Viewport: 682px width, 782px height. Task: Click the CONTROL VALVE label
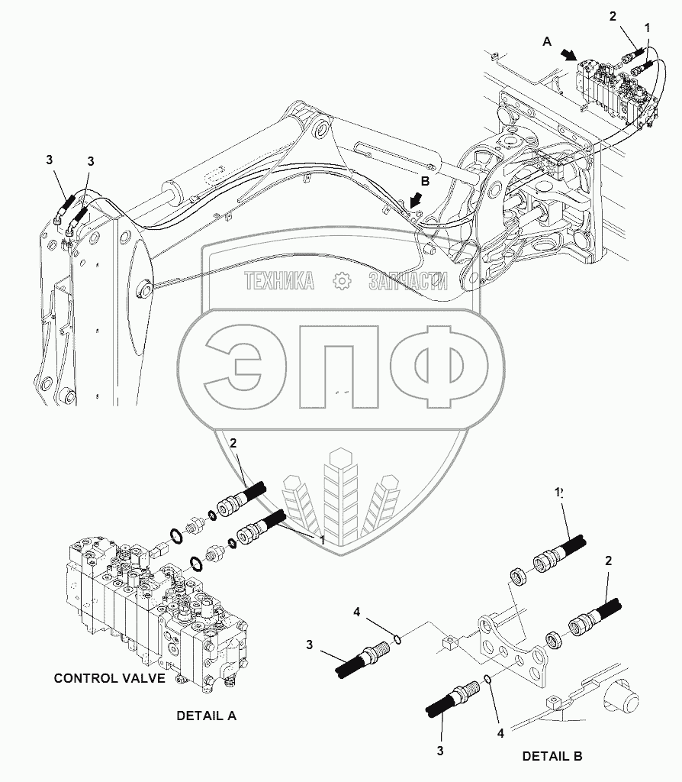[109, 678]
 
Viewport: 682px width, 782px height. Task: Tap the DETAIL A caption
[206, 716]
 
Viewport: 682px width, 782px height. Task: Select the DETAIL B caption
[552, 756]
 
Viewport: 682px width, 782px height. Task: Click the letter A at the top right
[546, 44]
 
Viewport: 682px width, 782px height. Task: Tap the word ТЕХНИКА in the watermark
[279, 282]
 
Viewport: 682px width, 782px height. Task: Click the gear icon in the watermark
[341, 282]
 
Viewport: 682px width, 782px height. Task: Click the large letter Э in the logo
[240, 369]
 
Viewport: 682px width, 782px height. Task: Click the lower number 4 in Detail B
[500, 733]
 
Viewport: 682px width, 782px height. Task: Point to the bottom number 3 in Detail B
[440, 751]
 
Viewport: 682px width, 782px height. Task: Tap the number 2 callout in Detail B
[608, 561]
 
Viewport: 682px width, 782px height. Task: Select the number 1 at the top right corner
[647, 27]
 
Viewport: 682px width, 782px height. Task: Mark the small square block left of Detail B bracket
[449, 643]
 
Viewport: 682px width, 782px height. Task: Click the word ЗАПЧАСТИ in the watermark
[407, 282]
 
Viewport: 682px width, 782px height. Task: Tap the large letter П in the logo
[338, 369]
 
